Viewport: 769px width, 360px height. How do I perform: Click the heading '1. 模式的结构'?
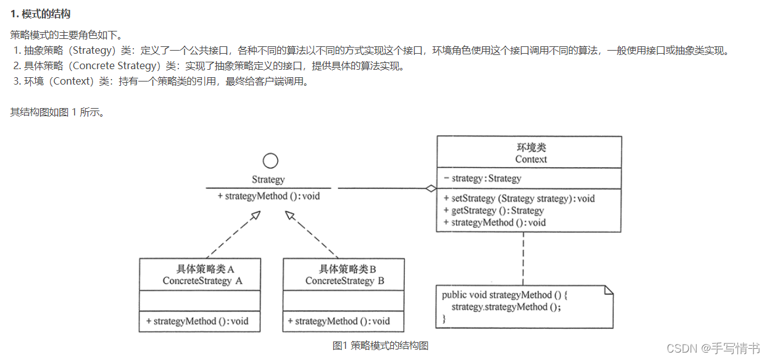44,14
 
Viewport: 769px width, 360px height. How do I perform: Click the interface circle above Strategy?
270,161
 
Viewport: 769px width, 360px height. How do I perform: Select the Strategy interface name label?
268,180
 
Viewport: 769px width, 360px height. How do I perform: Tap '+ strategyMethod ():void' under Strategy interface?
269,196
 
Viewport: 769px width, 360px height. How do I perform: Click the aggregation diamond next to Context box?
430,189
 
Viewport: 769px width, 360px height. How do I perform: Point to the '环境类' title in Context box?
531,148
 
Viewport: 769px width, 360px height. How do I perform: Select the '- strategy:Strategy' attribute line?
483,178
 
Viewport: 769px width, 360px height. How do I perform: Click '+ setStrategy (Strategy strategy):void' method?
519,199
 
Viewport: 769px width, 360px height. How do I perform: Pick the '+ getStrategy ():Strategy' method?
493,211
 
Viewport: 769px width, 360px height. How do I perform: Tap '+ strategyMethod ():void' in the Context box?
494,222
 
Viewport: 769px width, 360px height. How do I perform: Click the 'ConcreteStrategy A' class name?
202,281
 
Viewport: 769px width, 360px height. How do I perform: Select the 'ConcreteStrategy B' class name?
344,281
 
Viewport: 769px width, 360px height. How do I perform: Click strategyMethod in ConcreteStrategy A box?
197,321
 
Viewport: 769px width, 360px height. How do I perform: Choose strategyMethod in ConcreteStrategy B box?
339,321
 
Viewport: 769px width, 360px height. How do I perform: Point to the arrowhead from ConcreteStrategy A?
255,216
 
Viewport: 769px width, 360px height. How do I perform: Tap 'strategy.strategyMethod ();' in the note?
507,307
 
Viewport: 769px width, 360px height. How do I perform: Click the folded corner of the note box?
608,290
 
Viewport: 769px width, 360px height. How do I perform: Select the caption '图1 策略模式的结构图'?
380,346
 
